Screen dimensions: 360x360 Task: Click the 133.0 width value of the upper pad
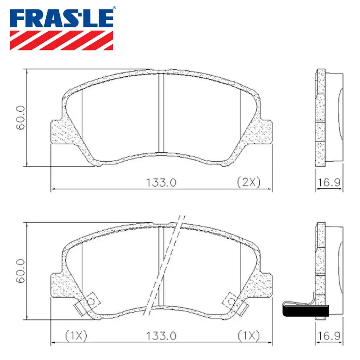pos(161,183)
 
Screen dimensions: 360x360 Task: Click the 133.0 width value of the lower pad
pos(161,336)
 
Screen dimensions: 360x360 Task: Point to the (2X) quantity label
pos(248,183)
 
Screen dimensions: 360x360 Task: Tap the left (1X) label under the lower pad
pos(76,336)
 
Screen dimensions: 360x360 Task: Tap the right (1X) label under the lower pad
pos(248,336)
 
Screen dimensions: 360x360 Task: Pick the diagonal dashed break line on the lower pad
pos(166,265)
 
